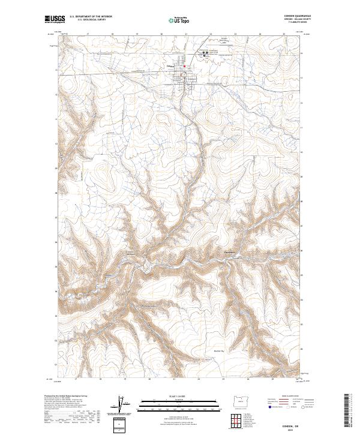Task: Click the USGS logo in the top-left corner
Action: coord(55,19)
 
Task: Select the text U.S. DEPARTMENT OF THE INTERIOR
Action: coord(91,16)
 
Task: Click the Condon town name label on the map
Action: coord(170,65)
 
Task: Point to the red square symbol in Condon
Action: coord(185,65)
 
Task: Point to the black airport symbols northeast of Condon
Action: coord(206,53)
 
